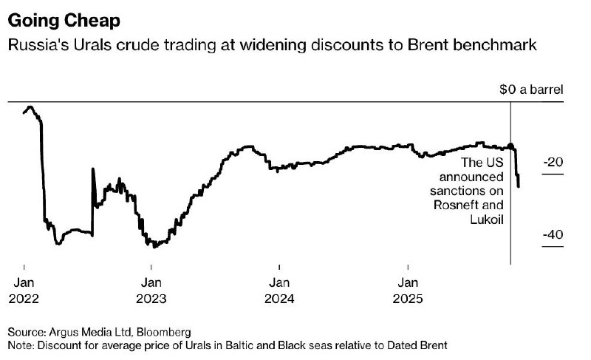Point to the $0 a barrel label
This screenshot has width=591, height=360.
pyautogui.click(x=531, y=89)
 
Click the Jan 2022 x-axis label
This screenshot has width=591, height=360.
pyautogui.click(x=24, y=290)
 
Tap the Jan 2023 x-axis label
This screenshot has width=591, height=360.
pyautogui.click(x=151, y=290)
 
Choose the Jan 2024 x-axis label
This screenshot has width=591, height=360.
pyautogui.click(x=279, y=290)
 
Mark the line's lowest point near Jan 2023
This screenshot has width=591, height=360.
pyautogui.click(x=154, y=247)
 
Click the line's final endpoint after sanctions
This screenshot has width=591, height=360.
pyautogui.click(x=519, y=186)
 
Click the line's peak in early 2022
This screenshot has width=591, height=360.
pyautogui.click(x=28, y=107)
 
